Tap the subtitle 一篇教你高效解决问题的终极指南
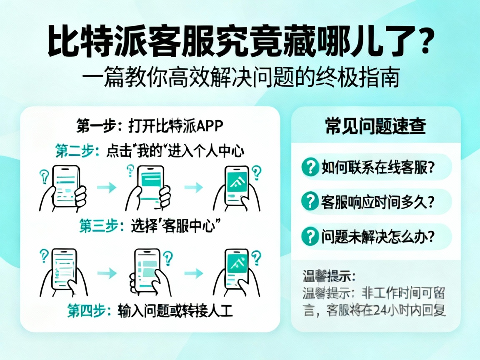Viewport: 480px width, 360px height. (240, 78)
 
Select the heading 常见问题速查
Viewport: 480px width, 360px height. (375, 126)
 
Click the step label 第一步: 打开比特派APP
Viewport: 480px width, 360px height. (150, 125)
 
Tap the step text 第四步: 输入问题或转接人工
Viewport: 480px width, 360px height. (150, 310)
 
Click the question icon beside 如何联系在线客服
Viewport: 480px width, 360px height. (309, 167)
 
